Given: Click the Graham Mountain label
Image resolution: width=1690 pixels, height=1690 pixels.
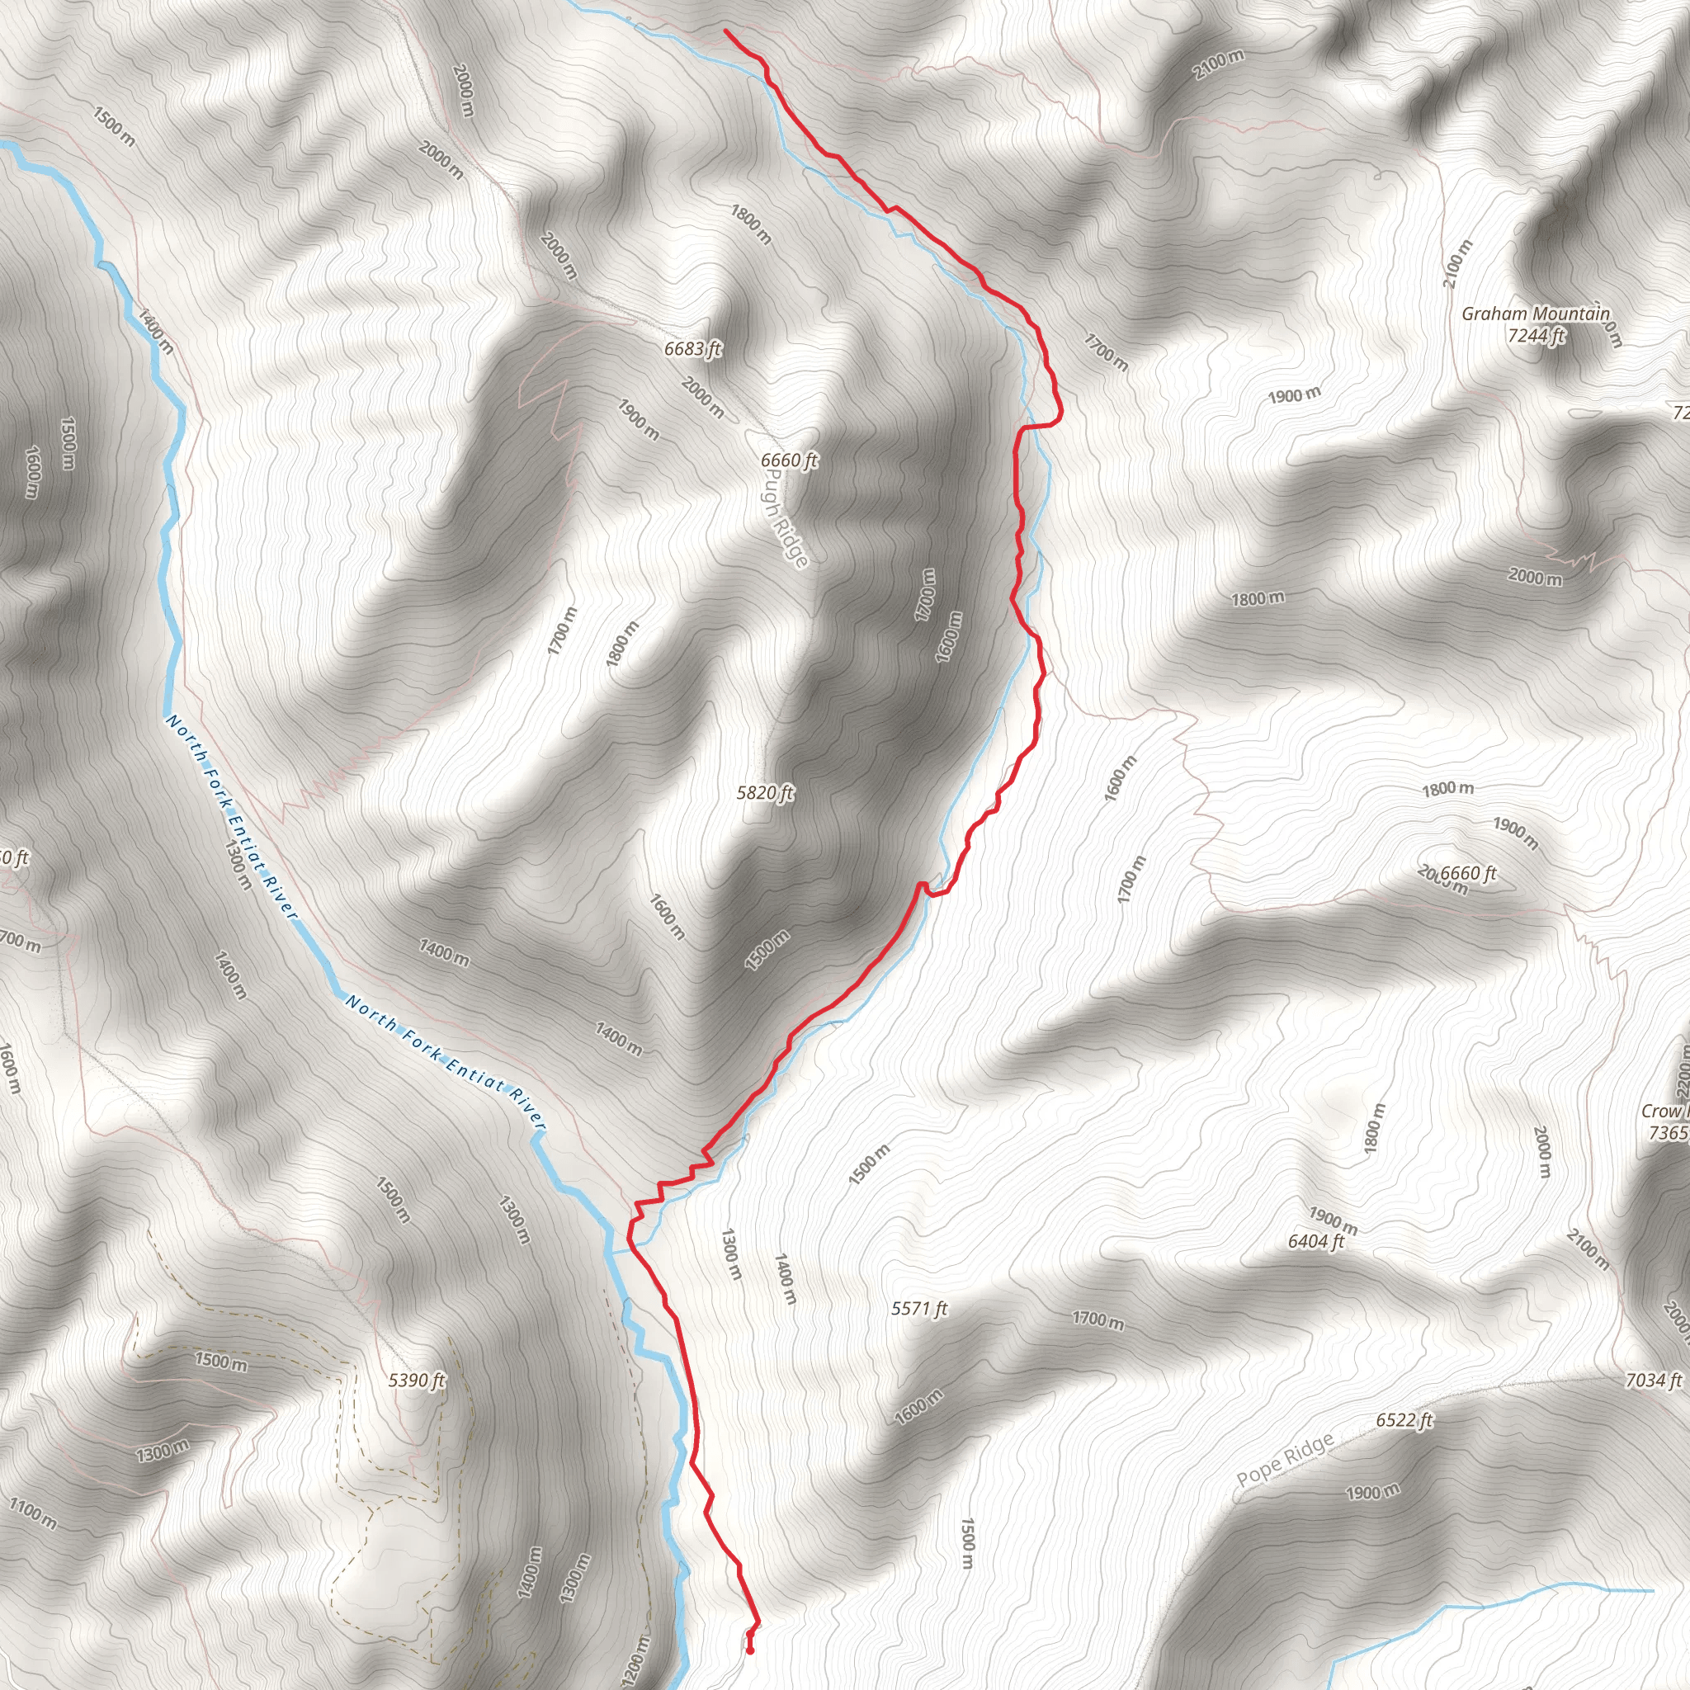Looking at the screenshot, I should [1535, 313].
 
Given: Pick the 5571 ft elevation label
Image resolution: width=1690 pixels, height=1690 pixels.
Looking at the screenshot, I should [919, 1309].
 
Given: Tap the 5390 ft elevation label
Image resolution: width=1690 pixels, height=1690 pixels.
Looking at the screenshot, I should [418, 1381].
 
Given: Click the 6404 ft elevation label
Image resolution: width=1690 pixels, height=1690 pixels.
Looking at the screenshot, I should [1315, 1240].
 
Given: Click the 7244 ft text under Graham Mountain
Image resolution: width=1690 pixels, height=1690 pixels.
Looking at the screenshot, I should [1536, 335].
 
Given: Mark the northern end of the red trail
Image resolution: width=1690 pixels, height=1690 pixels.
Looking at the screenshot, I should [726, 31].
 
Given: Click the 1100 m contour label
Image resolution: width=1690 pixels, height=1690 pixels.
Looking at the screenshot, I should [33, 1514].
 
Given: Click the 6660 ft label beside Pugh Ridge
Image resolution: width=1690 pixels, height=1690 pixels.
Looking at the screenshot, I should [789, 460].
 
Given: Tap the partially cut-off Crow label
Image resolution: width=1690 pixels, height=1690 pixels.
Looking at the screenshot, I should [1664, 1111].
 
